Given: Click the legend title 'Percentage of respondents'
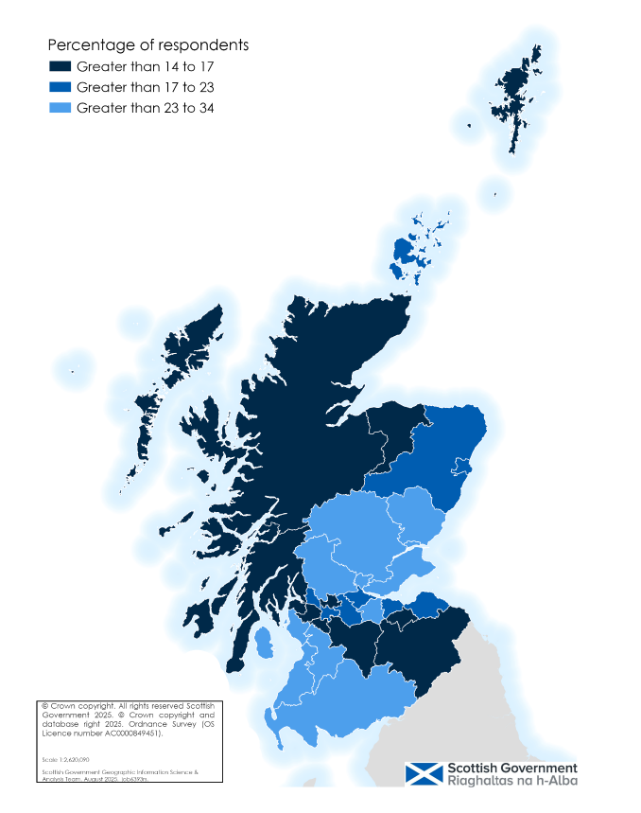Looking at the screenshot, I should [x=147, y=45].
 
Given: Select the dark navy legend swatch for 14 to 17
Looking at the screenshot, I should [x=60, y=67].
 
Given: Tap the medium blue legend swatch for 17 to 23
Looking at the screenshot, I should [x=60, y=87].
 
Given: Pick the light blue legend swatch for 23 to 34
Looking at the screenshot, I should [x=60, y=107].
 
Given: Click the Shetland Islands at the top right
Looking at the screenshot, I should [x=518, y=95].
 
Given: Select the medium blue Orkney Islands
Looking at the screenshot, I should [x=405, y=251].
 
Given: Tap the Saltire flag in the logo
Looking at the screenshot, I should [x=424, y=774].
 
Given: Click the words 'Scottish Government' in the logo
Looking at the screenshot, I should [x=511, y=768].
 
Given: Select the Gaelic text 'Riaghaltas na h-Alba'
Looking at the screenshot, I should [x=511, y=782].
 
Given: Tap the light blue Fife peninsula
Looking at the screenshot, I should [x=411, y=574].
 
